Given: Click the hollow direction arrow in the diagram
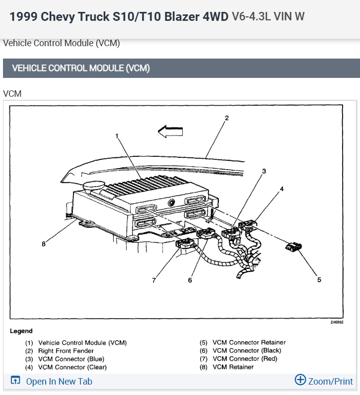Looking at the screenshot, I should click(170, 131).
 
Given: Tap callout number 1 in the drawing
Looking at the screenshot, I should click(117, 135).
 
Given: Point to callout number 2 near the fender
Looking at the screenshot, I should click(226, 118).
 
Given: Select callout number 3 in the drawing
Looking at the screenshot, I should click(264, 171).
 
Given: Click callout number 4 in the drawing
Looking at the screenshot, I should click(282, 189).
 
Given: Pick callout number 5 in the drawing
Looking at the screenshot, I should click(319, 279).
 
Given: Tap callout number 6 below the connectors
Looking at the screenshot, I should click(190, 280).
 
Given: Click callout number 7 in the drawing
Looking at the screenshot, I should click(154, 280).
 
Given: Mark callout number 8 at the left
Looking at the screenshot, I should click(44, 244).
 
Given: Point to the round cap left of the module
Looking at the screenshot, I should click(92, 188).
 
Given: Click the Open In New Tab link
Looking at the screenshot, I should click(59, 382).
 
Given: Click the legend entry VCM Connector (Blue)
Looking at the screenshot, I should click(71, 359).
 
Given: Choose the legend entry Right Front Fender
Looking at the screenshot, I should click(66, 351).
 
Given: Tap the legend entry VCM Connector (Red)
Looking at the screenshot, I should click(245, 359).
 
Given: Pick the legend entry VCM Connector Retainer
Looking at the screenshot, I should click(249, 342).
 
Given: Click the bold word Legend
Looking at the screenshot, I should click(21, 331).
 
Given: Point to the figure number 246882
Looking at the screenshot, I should click(338, 322).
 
